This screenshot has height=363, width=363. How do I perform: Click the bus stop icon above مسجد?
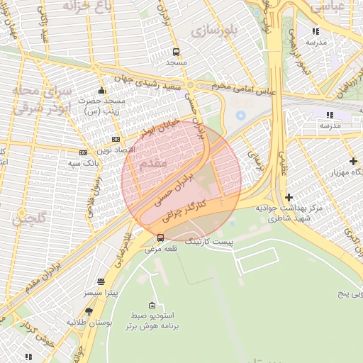tap(176, 52)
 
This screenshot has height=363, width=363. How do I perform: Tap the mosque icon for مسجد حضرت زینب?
tap(102, 90)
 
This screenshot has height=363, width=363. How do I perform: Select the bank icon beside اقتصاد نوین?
tap(116, 139)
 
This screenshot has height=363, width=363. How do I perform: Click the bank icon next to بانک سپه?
tap(83, 152)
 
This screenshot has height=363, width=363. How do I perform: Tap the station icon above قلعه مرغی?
tap(161, 238)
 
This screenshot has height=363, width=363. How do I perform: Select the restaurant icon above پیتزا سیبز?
tap(101, 281)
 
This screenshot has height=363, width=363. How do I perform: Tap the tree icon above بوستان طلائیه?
tap(89, 311)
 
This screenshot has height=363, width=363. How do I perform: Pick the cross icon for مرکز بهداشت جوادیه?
tap(288, 197)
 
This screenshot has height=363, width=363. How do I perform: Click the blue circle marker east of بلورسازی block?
tap(240, 115)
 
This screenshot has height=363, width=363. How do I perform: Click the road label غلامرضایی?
tap(119, 243)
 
